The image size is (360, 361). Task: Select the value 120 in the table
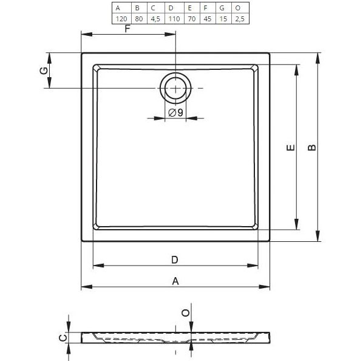[x=121, y=19]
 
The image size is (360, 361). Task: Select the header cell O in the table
[x=238, y=8]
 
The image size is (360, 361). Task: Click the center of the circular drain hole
[x=175, y=89]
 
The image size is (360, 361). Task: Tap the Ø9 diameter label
[x=175, y=112]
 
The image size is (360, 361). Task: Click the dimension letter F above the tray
[x=127, y=29]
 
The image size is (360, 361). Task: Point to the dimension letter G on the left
[x=43, y=70]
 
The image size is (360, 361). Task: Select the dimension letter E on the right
[x=290, y=148]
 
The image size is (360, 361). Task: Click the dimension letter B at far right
[x=311, y=148]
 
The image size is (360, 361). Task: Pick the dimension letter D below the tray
[x=174, y=260]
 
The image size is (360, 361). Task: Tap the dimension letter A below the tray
[x=175, y=281]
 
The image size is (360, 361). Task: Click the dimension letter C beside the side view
[x=61, y=338]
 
